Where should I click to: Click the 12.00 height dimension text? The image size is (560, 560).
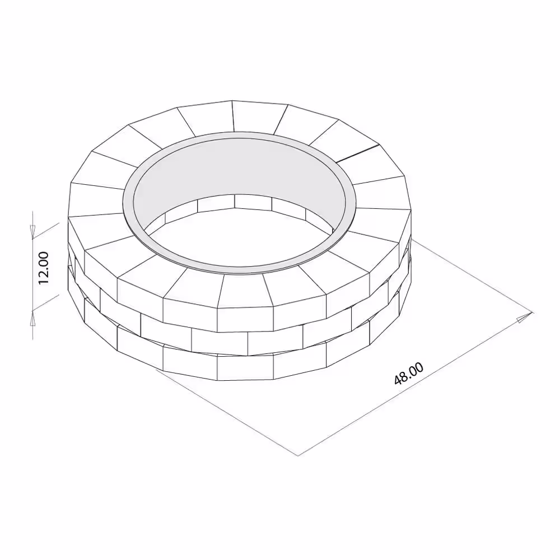pos(44,268)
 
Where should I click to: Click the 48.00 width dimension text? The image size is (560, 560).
pos(409,374)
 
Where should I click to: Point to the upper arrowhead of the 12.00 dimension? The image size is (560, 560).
pos(32,230)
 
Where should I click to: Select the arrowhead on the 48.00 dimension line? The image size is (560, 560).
pos(523,318)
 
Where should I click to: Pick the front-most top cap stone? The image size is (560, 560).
pos(244,291)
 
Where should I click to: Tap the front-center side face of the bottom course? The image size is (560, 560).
pos(245,367)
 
